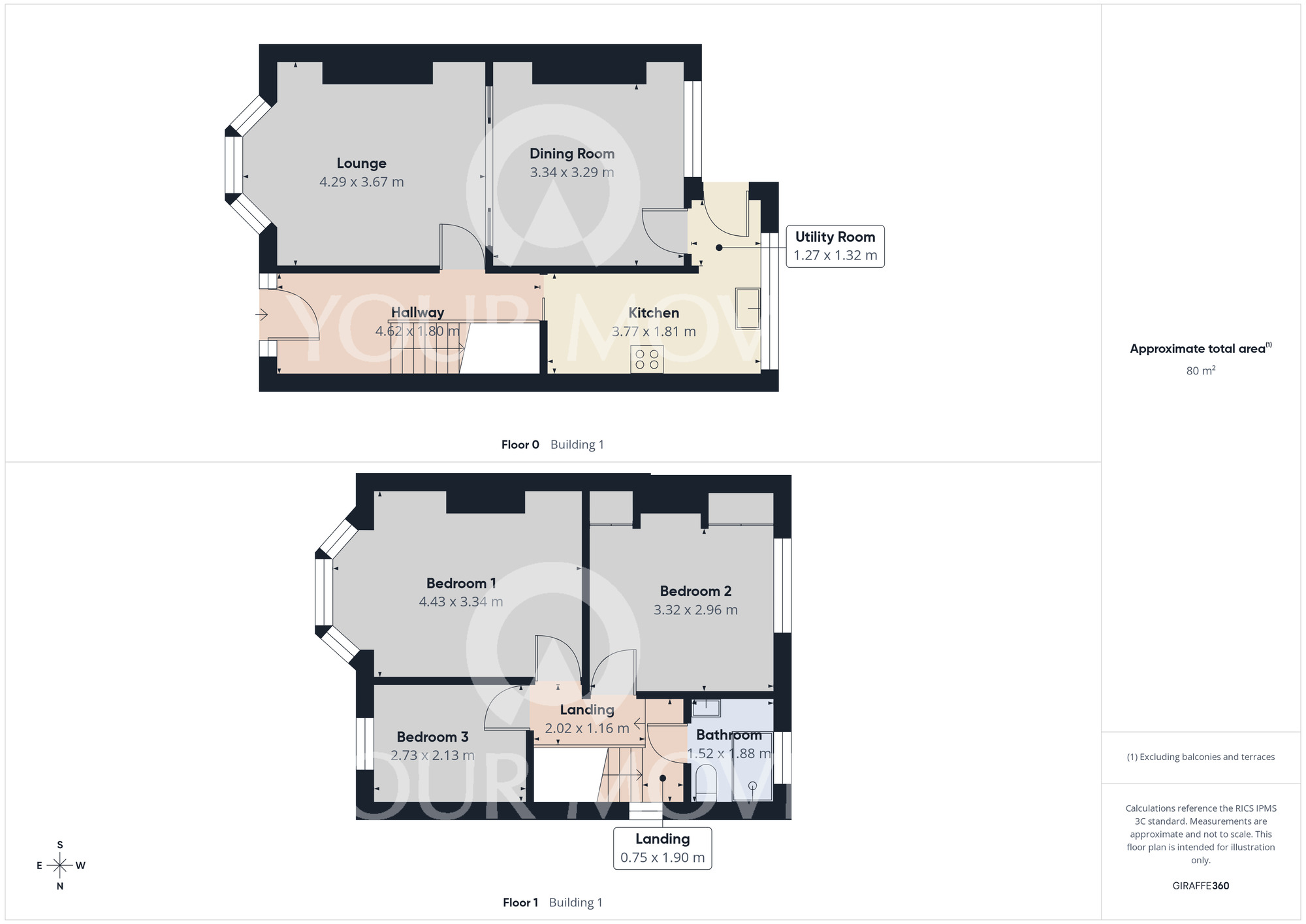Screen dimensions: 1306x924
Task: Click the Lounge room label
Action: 361,163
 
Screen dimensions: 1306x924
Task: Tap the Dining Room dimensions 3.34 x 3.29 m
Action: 572,173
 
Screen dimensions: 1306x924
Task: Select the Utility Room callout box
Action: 835,246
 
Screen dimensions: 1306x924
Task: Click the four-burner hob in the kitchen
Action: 646,359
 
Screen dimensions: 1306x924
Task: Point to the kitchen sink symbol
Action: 748,308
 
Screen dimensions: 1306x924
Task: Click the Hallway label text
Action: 417,312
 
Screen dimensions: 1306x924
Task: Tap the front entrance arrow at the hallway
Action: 261,316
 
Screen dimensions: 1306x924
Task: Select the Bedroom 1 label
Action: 461,584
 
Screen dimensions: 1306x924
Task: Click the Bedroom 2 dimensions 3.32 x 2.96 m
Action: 695,610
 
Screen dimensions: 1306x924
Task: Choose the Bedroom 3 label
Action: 432,737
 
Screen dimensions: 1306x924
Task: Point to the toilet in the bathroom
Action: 705,784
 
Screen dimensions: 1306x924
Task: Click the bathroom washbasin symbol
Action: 706,708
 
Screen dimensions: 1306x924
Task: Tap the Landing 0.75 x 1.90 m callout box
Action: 663,848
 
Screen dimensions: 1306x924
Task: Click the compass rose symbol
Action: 60,866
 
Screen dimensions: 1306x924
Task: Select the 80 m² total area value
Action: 1201,371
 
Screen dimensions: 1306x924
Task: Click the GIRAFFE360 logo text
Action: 1201,886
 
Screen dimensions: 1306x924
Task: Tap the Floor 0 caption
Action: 520,445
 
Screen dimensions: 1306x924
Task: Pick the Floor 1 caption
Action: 520,903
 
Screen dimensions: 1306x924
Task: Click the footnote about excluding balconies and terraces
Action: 1201,757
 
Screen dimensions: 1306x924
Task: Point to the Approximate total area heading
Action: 1201,348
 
